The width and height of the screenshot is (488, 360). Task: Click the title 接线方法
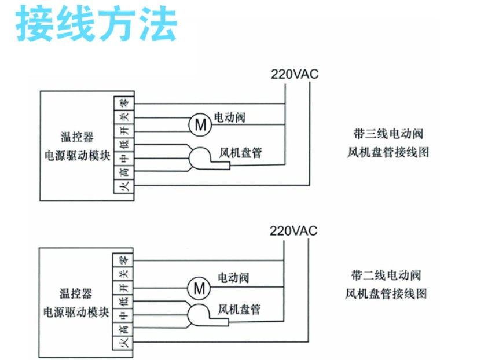coord(96,24)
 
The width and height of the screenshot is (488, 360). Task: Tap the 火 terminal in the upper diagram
coord(123,186)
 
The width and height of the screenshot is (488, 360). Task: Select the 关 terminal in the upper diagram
coord(123,117)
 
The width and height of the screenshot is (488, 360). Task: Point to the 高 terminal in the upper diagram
coord(123,172)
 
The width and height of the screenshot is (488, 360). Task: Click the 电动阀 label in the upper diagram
coord(230,117)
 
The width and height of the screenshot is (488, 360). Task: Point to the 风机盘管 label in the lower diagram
coord(239,310)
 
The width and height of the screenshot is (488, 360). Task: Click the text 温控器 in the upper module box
coord(77,138)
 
